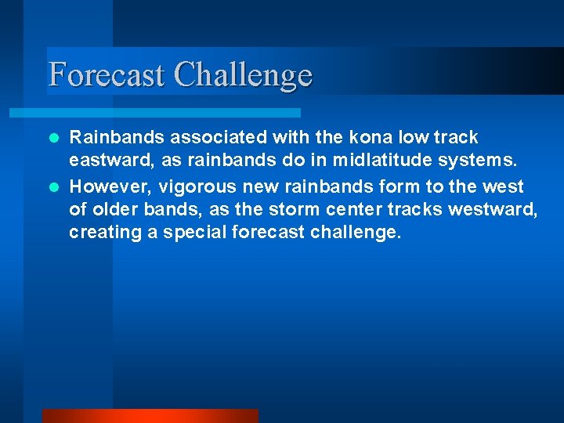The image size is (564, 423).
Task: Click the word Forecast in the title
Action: pos(107,75)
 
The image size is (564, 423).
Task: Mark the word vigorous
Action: pos(193,187)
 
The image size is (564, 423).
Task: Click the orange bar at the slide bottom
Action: pos(150,416)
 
